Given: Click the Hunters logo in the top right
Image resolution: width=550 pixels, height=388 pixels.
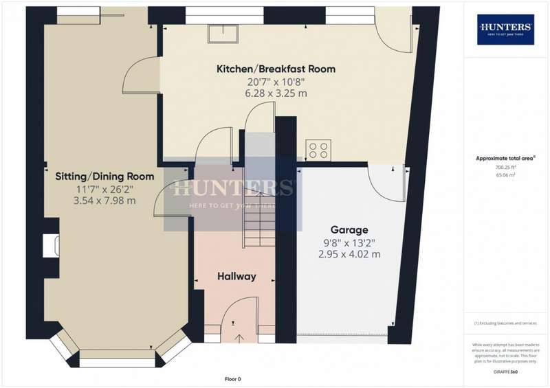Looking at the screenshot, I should click(x=505, y=30).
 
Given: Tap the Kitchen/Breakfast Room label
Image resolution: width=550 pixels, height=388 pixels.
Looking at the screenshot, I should click(x=276, y=69).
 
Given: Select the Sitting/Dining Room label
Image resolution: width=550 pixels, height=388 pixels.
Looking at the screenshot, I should click(x=104, y=176).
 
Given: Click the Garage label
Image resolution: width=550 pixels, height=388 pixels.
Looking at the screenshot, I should click(x=349, y=230).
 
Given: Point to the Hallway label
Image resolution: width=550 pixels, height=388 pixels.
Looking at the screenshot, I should click(x=236, y=276).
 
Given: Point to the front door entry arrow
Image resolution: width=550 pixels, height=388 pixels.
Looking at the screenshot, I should click(x=240, y=336).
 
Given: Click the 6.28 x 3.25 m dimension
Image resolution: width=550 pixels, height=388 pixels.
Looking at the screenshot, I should click(x=276, y=93).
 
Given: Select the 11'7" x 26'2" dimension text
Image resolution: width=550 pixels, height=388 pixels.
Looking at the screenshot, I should click(x=104, y=189).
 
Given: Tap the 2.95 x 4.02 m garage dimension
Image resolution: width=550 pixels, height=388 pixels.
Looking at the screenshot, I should click(x=349, y=254).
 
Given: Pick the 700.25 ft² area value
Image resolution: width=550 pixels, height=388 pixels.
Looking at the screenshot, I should click(x=505, y=167).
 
